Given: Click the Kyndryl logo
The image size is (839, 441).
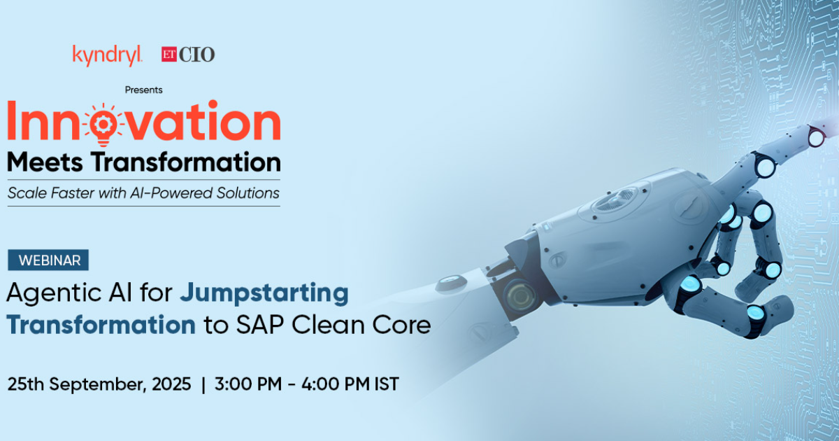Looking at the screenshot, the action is pos(108,55).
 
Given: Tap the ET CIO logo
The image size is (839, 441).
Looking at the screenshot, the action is pos(188,55).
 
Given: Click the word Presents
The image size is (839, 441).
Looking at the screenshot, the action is pos(143,90).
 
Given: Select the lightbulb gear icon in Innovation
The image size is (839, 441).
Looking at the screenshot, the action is pos(102,124).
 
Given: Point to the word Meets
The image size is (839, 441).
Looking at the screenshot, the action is pos(45,162).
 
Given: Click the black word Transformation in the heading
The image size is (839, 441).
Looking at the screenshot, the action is pos(186,162).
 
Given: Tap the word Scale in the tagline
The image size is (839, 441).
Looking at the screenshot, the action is pos(27,193).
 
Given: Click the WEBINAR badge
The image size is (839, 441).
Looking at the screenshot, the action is pos(48,260).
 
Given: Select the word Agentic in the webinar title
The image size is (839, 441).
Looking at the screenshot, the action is pos(54,293).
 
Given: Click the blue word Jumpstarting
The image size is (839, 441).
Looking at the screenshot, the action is pos(264,293).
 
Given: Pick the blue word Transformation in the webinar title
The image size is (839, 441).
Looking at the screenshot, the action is pos(101,325).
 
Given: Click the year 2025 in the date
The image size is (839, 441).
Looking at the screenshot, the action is pos(171,384).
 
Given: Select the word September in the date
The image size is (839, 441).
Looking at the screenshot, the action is pos(98,385).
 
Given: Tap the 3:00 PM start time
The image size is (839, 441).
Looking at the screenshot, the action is pos(248,384).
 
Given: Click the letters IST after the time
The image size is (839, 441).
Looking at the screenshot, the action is pos(387,384).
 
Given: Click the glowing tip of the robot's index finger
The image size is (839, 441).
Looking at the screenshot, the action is pos(816,137).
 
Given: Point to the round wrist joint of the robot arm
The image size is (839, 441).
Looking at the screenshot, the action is pos(521,296).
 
